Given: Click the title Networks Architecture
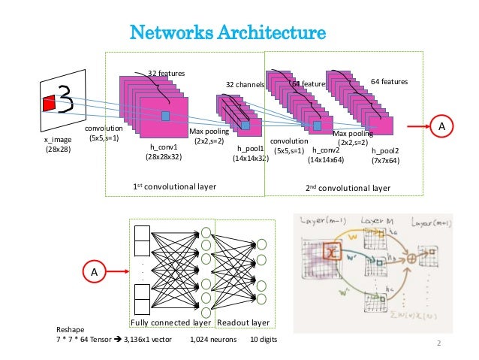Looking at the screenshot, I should (228, 33).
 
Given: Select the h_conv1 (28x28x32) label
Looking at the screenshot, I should (162, 153).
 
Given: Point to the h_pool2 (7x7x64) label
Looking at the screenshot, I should (385, 156).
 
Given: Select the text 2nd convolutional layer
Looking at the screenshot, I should (348, 186).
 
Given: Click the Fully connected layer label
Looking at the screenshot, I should (171, 322).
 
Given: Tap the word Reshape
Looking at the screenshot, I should (71, 330).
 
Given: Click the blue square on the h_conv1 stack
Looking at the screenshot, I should (165, 116).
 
